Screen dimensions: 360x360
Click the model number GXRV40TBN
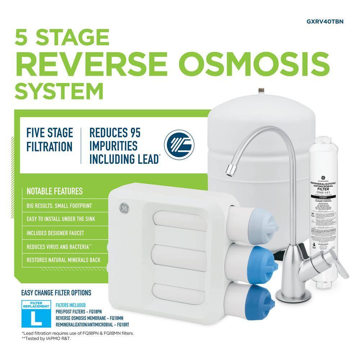click(325, 22)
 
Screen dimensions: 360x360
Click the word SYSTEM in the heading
click(59, 91)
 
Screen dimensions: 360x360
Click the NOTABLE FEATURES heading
click(54, 191)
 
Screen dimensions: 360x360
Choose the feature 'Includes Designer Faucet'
click(55, 233)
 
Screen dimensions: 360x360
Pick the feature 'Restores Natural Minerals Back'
click(63, 260)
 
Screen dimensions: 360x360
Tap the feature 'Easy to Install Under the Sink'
click(60, 219)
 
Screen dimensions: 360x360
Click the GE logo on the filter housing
click(124, 208)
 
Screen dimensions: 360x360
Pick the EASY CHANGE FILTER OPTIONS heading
click(56, 293)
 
